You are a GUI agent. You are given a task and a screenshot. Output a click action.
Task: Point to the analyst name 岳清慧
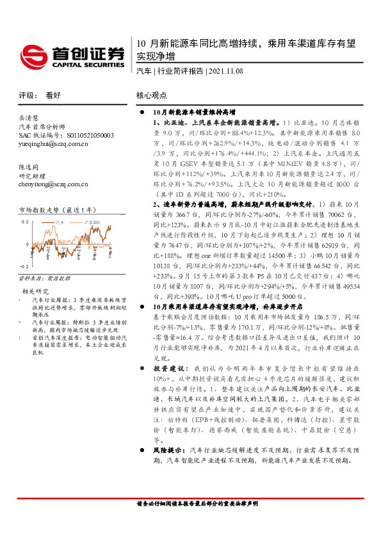point(28,118)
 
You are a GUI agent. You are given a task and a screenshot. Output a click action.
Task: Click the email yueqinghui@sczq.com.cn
point(54,144)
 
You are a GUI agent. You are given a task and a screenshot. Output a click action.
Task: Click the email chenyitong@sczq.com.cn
point(54,184)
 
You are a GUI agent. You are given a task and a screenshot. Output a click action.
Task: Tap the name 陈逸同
point(28,166)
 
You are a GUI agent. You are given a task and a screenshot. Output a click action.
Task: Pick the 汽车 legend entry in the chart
point(60,221)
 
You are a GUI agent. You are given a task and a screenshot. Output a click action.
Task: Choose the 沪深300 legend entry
point(93,221)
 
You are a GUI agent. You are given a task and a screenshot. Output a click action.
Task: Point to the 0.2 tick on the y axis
point(26,221)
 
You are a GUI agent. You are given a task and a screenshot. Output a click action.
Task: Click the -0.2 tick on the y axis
point(24,266)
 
